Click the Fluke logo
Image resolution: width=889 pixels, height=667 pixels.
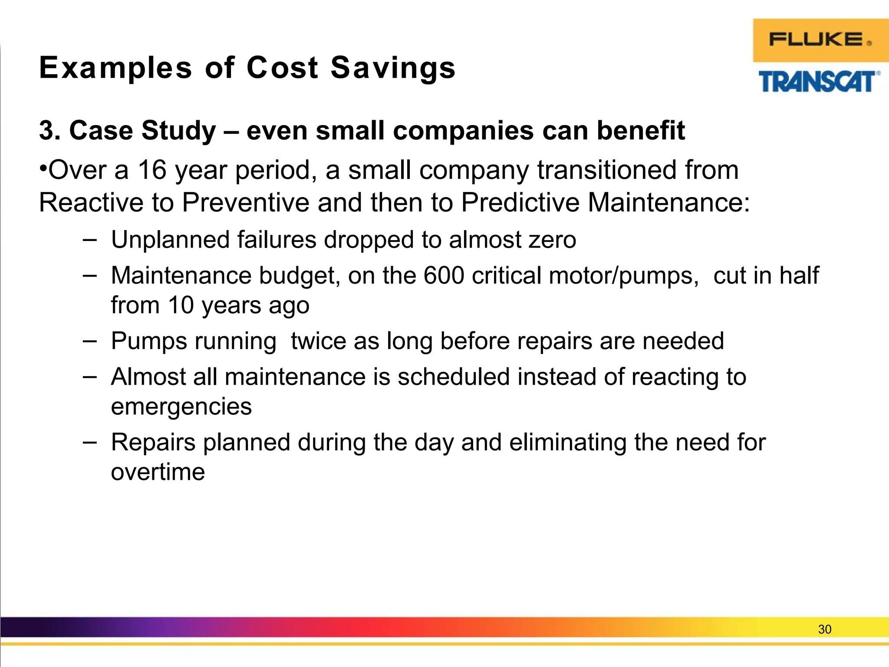820,40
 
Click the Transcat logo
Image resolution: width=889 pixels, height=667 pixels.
819,82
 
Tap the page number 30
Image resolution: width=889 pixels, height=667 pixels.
824,629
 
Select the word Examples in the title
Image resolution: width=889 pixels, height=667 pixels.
115,68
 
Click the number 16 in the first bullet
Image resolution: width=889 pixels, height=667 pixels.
152,170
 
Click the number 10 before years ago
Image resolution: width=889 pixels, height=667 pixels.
181,305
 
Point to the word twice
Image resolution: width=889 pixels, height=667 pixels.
318,341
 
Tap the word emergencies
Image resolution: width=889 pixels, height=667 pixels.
181,406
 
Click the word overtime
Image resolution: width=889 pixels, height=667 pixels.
158,472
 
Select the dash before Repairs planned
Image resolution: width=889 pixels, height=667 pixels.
89,442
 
